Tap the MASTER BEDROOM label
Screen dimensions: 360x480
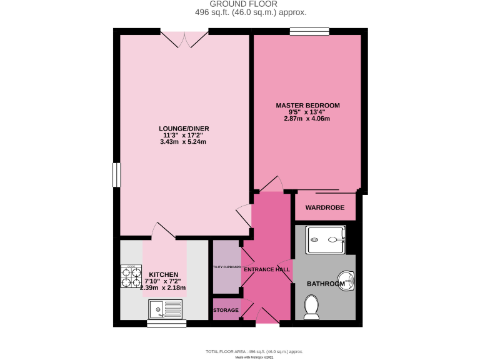[x=308, y=105]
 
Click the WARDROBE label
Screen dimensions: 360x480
[x=324, y=207]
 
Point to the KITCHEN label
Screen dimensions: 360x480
[x=164, y=274]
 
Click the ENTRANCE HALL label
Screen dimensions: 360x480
[x=267, y=269]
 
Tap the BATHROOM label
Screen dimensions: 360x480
[x=326, y=284]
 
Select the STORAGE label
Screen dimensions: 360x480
[x=226, y=310]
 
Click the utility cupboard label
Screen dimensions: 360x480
[x=226, y=267]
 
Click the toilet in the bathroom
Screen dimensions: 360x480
[x=311, y=307]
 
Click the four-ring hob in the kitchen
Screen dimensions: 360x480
[x=131, y=276]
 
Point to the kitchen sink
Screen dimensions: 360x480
[x=165, y=309]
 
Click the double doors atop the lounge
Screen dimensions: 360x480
[x=185, y=39]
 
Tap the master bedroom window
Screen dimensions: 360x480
[x=309, y=31]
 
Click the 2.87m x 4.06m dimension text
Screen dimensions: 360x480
[x=308, y=119]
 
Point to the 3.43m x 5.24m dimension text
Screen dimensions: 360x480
[x=183, y=142]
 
